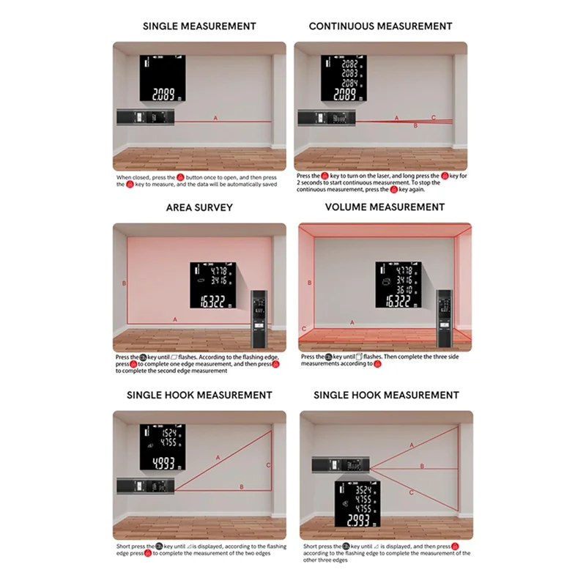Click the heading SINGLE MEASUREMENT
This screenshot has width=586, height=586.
click(x=199, y=26)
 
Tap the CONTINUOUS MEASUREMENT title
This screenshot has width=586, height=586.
click(x=380, y=26)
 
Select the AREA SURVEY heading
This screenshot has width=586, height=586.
click(x=199, y=207)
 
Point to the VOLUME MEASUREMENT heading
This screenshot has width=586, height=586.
click(x=385, y=207)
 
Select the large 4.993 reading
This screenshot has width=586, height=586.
click(x=162, y=463)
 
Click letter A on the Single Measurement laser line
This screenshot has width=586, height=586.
click(x=215, y=117)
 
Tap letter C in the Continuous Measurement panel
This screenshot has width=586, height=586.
click(x=433, y=117)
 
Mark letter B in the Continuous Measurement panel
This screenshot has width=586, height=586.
click(x=416, y=126)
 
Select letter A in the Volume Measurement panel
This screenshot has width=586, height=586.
click(x=352, y=322)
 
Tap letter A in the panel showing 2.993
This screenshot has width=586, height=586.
click(x=412, y=445)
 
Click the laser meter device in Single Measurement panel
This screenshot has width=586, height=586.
click(x=146, y=117)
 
